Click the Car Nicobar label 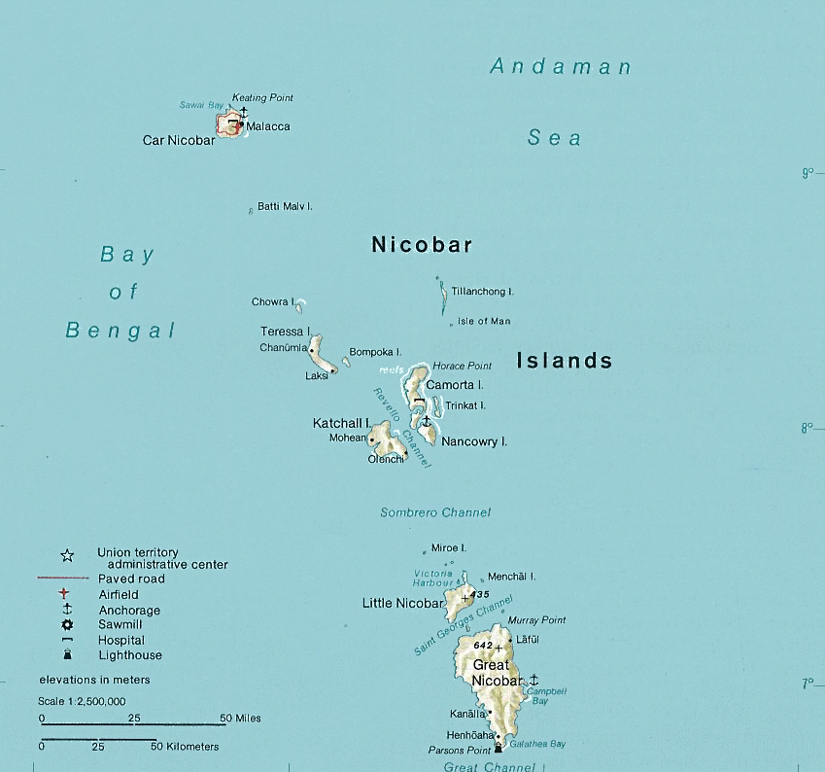point(179,140)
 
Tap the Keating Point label point(262,98)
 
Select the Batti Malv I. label point(285,206)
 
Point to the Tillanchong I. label point(482,291)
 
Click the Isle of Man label point(484,321)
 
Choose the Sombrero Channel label point(435,512)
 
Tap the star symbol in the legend point(67,556)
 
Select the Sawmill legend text point(120,624)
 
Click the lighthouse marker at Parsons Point point(498,748)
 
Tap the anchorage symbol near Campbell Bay point(533,679)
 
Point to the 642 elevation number point(483,646)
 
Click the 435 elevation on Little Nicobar point(478,593)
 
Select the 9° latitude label point(807,173)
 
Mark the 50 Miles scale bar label point(241,719)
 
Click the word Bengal point(120,331)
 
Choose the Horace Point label point(462,366)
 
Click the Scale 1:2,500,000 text point(83,701)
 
